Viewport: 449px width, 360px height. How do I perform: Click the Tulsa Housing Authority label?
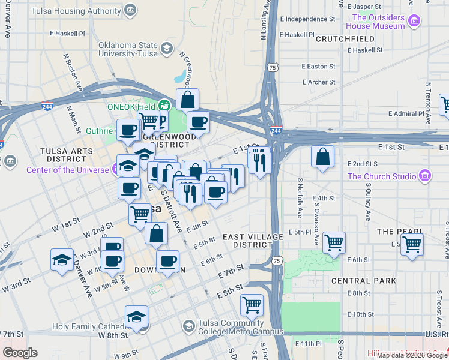tap(85, 11)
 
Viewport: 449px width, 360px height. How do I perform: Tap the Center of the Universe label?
tap(67, 170)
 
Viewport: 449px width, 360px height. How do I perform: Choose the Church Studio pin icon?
tap(425, 176)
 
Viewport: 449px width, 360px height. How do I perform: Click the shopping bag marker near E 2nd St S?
tap(323, 157)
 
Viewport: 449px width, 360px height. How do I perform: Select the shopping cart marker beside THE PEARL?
tap(412, 244)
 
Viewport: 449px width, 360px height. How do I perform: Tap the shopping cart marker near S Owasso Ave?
tap(334, 242)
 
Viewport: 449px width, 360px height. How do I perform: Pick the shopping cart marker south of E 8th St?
tap(252, 304)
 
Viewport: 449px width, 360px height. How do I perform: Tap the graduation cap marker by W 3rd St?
tap(62, 260)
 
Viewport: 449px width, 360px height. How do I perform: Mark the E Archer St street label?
tap(319, 82)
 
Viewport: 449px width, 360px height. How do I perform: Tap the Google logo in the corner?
tap(20, 352)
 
